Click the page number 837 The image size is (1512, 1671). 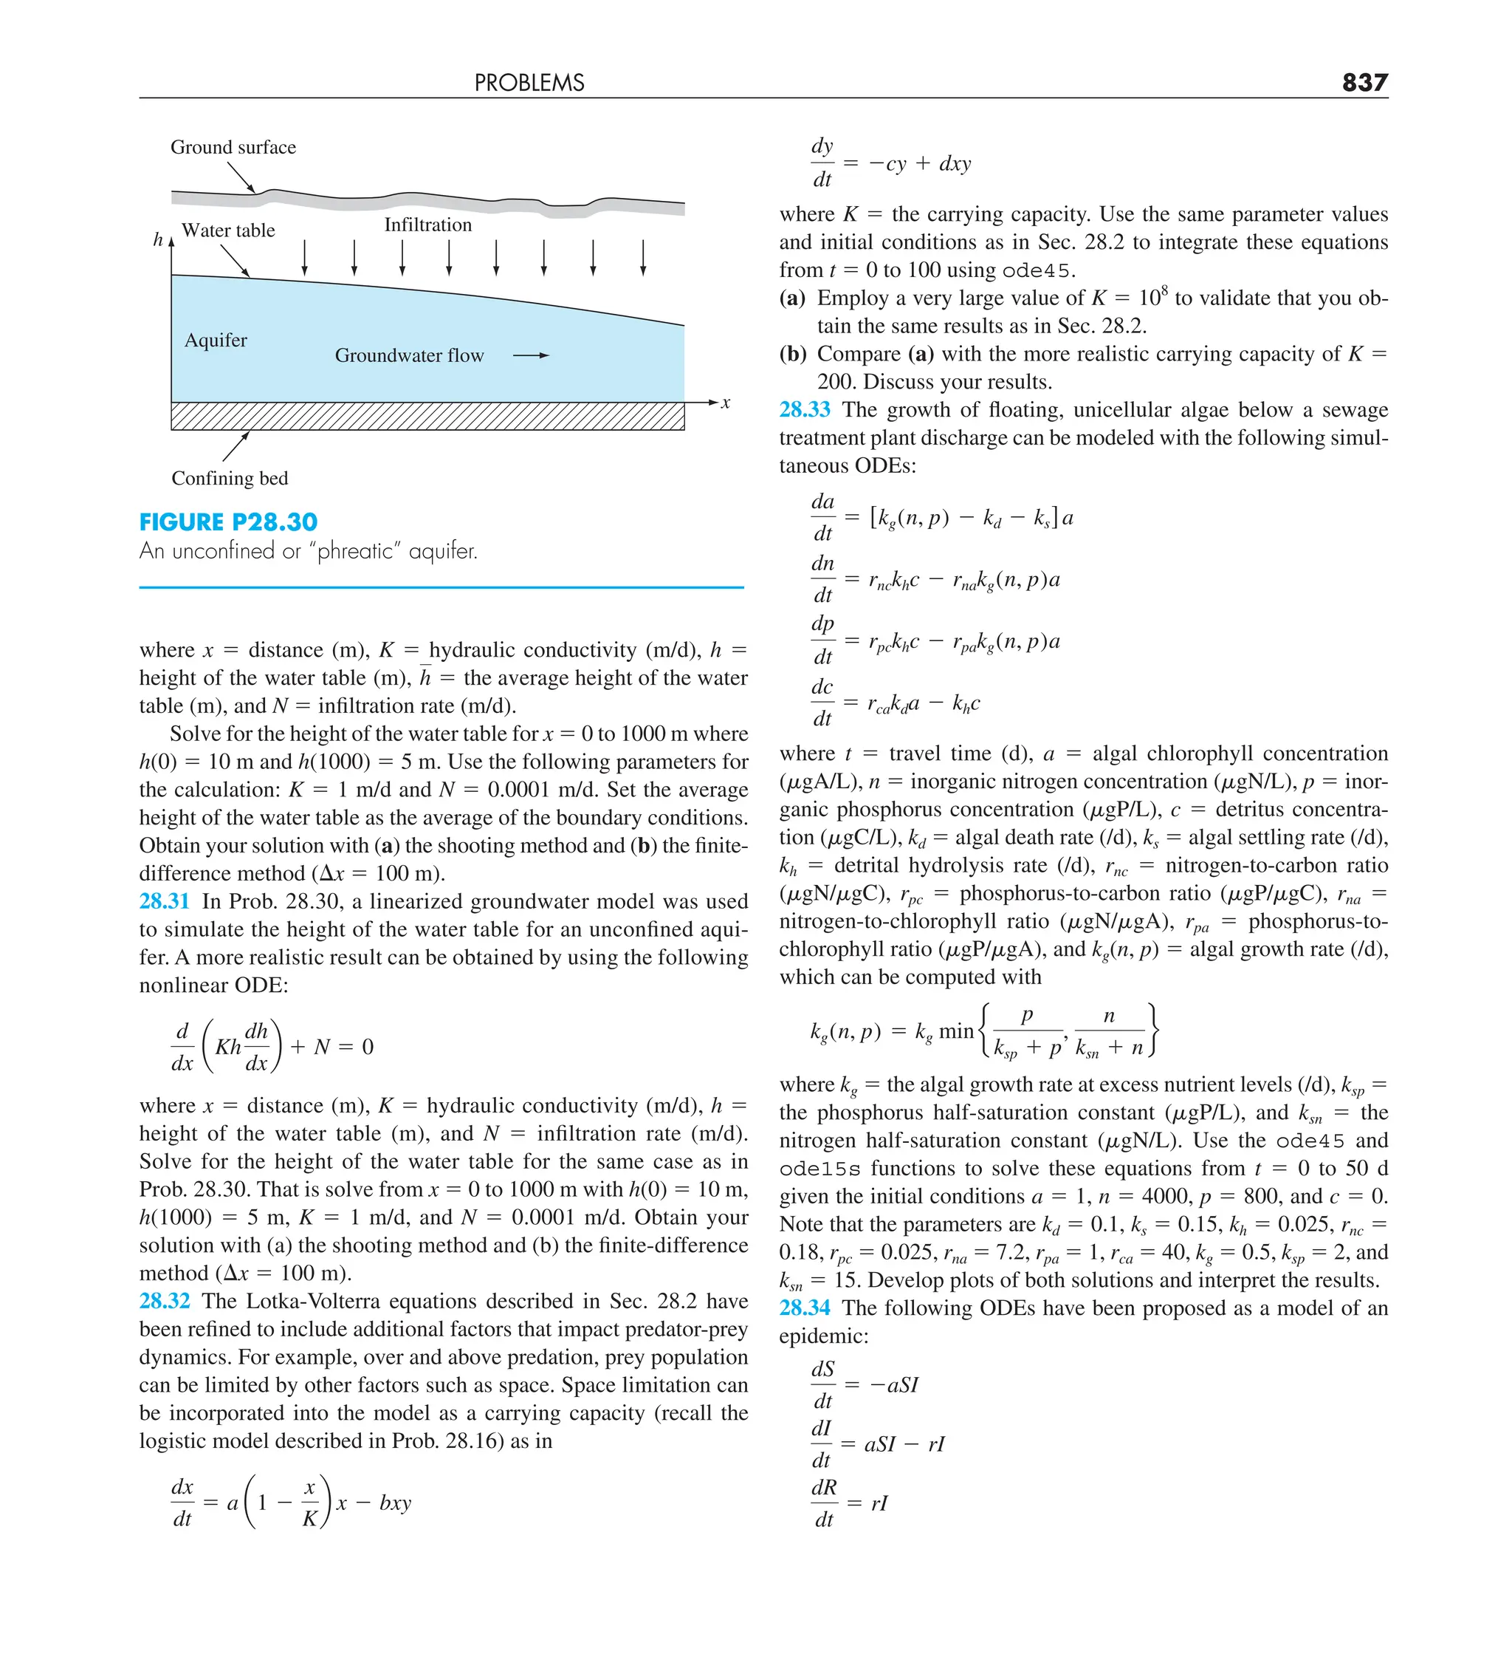pos(1364,82)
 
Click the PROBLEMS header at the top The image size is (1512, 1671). pos(529,83)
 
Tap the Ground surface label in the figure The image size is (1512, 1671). pos(233,148)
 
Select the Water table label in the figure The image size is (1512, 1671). pos(228,230)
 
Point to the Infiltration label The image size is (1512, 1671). pos(427,225)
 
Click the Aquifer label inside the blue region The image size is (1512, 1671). pos(216,340)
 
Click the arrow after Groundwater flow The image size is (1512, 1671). pos(530,355)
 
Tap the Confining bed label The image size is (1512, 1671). pos(230,478)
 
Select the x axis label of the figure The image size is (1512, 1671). pos(725,403)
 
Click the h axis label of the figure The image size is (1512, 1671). pos(157,239)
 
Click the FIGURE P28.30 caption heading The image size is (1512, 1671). pos(228,522)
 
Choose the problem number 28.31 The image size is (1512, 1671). pos(164,901)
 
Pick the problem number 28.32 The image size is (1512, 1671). pos(164,1300)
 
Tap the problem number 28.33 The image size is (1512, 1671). pos(804,409)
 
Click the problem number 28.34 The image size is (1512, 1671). pos(804,1307)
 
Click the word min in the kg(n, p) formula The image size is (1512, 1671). pos(956,1031)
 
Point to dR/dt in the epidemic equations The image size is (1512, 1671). pos(822,1503)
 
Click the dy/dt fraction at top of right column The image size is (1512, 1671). pos(821,163)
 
